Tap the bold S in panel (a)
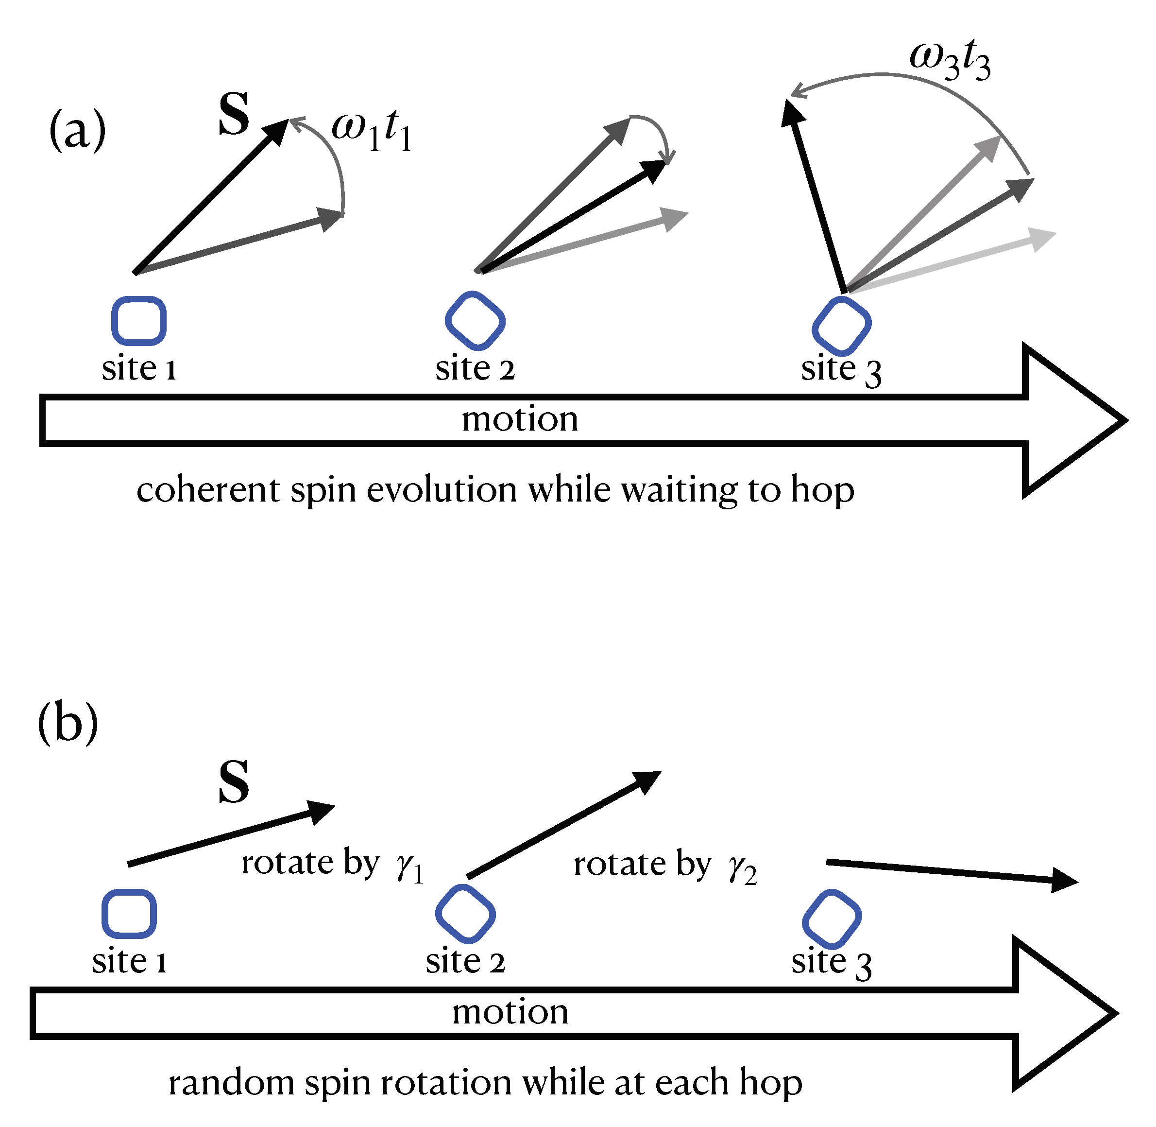pos(234,114)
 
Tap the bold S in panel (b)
pos(234,782)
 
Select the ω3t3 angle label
pos(949,60)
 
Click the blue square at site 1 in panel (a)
pos(139,321)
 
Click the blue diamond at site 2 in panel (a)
pos(475,321)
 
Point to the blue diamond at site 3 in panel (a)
pos(841,326)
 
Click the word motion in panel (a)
pos(519,420)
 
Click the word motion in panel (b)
pos(510,1012)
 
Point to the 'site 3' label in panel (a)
pos(841,370)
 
